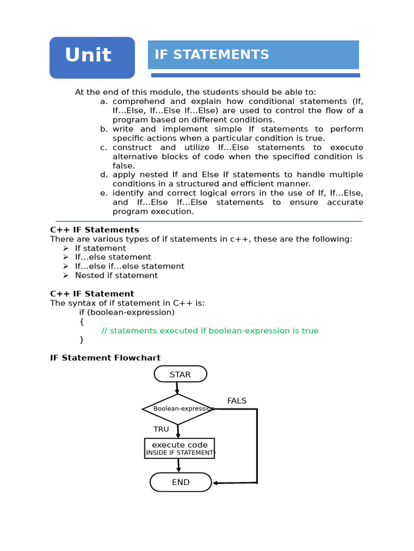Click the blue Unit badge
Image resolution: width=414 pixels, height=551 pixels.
(x=92, y=58)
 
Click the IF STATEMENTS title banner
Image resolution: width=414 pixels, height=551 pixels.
(x=253, y=54)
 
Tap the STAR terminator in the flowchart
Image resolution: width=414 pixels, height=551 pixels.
(x=180, y=374)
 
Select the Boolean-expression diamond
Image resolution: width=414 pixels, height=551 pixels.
(x=178, y=409)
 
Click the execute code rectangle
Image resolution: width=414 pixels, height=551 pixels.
(x=180, y=448)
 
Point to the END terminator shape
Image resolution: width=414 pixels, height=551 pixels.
(x=181, y=482)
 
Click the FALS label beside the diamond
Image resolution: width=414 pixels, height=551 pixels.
(x=237, y=401)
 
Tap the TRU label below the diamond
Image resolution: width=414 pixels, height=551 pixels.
(x=161, y=429)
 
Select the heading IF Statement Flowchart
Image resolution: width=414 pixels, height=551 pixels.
(x=105, y=358)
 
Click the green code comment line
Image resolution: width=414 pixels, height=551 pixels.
(x=210, y=331)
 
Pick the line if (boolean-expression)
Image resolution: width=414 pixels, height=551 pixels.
(x=127, y=312)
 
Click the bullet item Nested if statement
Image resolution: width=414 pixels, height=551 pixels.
(x=116, y=275)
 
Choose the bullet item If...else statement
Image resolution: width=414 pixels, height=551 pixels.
(x=113, y=257)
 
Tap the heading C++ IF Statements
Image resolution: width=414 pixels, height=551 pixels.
(x=94, y=230)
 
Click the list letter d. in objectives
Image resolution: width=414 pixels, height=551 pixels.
(x=103, y=175)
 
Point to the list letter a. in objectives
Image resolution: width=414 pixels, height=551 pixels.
(x=103, y=102)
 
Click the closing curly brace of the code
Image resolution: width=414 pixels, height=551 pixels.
(x=82, y=340)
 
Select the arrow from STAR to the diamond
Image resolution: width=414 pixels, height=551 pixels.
(x=177, y=387)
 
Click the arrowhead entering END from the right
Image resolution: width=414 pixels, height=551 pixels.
(x=216, y=483)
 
